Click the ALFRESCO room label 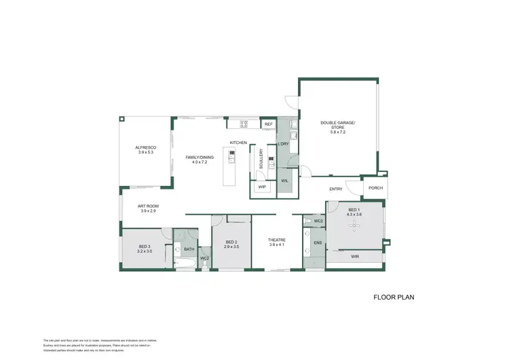click(145, 147)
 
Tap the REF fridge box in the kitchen click(268, 124)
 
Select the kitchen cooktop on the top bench click(244, 124)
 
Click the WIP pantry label click(261, 187)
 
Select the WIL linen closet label click(284, 181)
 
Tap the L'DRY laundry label click(284, 144)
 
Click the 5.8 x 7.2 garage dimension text click(337, 132)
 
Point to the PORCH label click(375, 189)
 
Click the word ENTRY click(335, 190)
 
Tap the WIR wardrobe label click(354, 257)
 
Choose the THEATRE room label click(276, 240)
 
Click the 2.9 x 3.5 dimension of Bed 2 click(231, 247)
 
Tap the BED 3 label click(145, 246)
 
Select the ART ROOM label click(148, 206)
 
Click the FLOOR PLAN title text click(394, 297)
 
